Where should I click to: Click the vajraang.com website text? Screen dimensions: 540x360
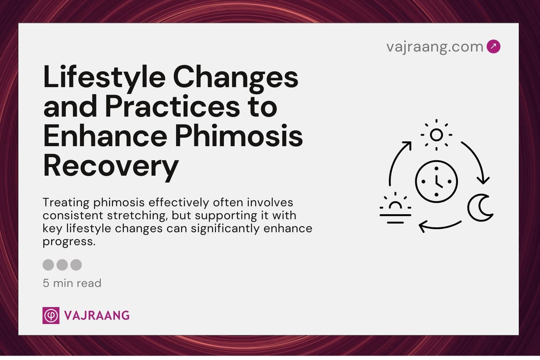coord(434,47)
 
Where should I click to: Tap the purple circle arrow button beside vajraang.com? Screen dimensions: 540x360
coord(493,47)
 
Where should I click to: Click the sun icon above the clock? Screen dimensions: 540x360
coord(436,135)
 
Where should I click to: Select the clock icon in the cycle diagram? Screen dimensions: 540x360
coord(436,181)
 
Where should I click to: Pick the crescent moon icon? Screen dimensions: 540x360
coord(480,208)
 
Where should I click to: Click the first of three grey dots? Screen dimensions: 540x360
coord(48,265)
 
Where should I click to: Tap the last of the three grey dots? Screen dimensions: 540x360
coord(76,265)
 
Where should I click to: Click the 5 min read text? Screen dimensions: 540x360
coord(72,283)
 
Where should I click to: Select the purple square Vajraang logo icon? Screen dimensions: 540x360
coord(51,315)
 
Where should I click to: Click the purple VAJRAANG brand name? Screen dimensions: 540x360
coord(97,316)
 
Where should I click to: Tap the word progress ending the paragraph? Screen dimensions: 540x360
coord(69,242)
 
